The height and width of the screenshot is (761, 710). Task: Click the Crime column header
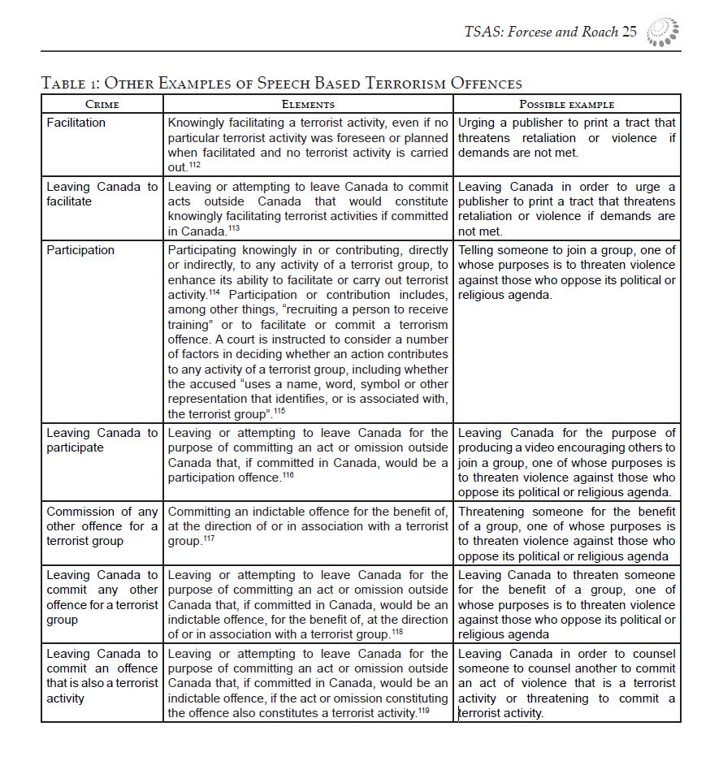[x=102, y=104]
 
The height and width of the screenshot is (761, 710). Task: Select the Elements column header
[x=308, y=104]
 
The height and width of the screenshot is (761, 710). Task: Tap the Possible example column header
[x=566, y=104]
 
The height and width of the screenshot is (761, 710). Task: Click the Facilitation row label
[x=76, y=123]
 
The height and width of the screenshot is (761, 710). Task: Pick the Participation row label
[x=80, y=250]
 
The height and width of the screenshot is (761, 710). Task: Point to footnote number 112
[x=194, y=165]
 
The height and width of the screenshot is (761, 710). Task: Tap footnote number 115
[x=279, y=411]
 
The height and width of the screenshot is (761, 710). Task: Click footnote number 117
[x=208, y=538]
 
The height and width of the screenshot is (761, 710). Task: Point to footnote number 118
[x=396, y=631]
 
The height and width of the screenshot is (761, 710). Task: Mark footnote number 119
[x=423, y=711]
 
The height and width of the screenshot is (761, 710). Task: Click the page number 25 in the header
[x=630, y=32]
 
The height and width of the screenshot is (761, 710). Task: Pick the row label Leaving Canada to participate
[x=102, y=440]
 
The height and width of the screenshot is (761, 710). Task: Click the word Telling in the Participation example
[x=476, y=250]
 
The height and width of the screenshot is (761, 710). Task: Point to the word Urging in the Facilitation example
[x=477, y=123]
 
